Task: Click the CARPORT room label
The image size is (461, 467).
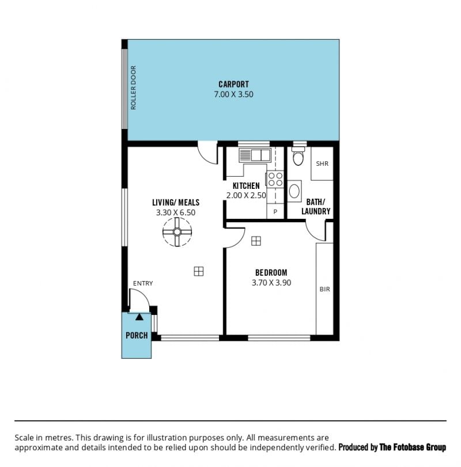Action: [x=233, y=84]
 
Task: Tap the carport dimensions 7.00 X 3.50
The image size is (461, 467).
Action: [x=233, y=94]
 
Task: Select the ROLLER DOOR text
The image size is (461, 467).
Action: [x=133, y=88]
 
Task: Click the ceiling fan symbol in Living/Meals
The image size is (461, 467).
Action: [x=177, y=231]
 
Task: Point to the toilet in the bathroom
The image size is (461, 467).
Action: [x=298, y=155]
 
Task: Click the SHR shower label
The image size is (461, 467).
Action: [x=322, y=164]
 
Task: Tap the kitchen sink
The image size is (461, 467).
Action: [x=255, y=155]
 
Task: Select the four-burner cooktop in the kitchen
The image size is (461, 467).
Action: [x=275, y=179]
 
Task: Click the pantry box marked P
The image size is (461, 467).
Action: [x=275, y=212]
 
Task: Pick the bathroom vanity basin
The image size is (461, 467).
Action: [x=294, y=191]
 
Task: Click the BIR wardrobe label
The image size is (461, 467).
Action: [x=325, y=289]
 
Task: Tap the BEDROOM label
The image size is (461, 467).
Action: [x=271, y=272]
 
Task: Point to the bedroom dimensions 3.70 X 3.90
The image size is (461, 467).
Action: [x=271, y=283]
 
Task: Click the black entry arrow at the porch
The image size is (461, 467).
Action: [x=139, y=317]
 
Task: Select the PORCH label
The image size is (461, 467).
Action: [x=137, y=336]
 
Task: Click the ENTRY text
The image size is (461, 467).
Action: [x=143, y=283]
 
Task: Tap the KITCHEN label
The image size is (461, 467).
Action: [x=246, y=186]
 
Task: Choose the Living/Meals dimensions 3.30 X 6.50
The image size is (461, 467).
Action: [x=176, y=212]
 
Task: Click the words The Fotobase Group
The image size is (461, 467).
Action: [x=413, y=447]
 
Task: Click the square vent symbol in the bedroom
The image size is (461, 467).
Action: [x=256, y=241]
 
